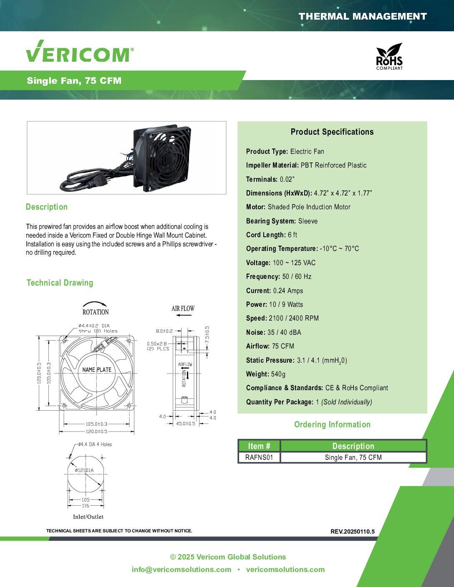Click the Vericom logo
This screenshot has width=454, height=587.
point(80,51)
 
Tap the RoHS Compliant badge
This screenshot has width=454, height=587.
point(389,56)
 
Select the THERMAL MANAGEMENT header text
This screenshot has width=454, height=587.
point(363,17)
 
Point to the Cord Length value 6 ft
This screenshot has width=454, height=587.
point(292,235)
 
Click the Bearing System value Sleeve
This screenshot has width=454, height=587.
point(308,221)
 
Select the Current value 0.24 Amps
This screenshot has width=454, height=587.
point(288,291)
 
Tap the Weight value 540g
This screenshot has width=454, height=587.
point(278,374)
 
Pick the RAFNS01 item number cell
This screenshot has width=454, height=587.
point(259,457)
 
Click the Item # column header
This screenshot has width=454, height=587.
point(259,446)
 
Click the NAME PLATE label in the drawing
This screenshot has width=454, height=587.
point(96,369)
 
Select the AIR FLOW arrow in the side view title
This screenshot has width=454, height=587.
point(184,315)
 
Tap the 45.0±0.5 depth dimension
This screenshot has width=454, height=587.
point(186,424)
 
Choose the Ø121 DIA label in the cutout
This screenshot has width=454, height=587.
point(84,470)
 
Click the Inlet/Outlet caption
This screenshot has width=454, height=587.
point(88,517)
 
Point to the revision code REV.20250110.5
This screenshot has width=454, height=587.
point(352,532)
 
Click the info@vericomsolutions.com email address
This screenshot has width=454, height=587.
point(182,569)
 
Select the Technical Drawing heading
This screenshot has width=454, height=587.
point(60,283)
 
